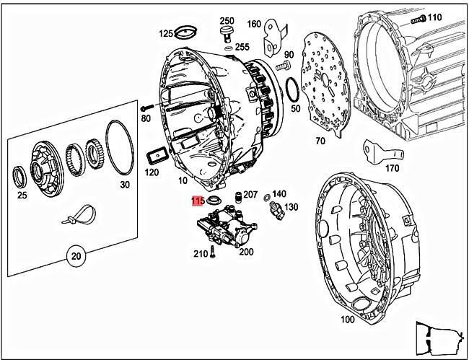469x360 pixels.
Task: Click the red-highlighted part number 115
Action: [x=198, y=201]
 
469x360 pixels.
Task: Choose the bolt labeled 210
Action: [x=213, y=252]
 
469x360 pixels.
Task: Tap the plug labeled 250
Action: [x=227, y=33]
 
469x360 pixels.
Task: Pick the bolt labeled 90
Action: [x=282, y=66]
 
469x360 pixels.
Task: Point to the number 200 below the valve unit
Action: [x=245, y=252]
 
